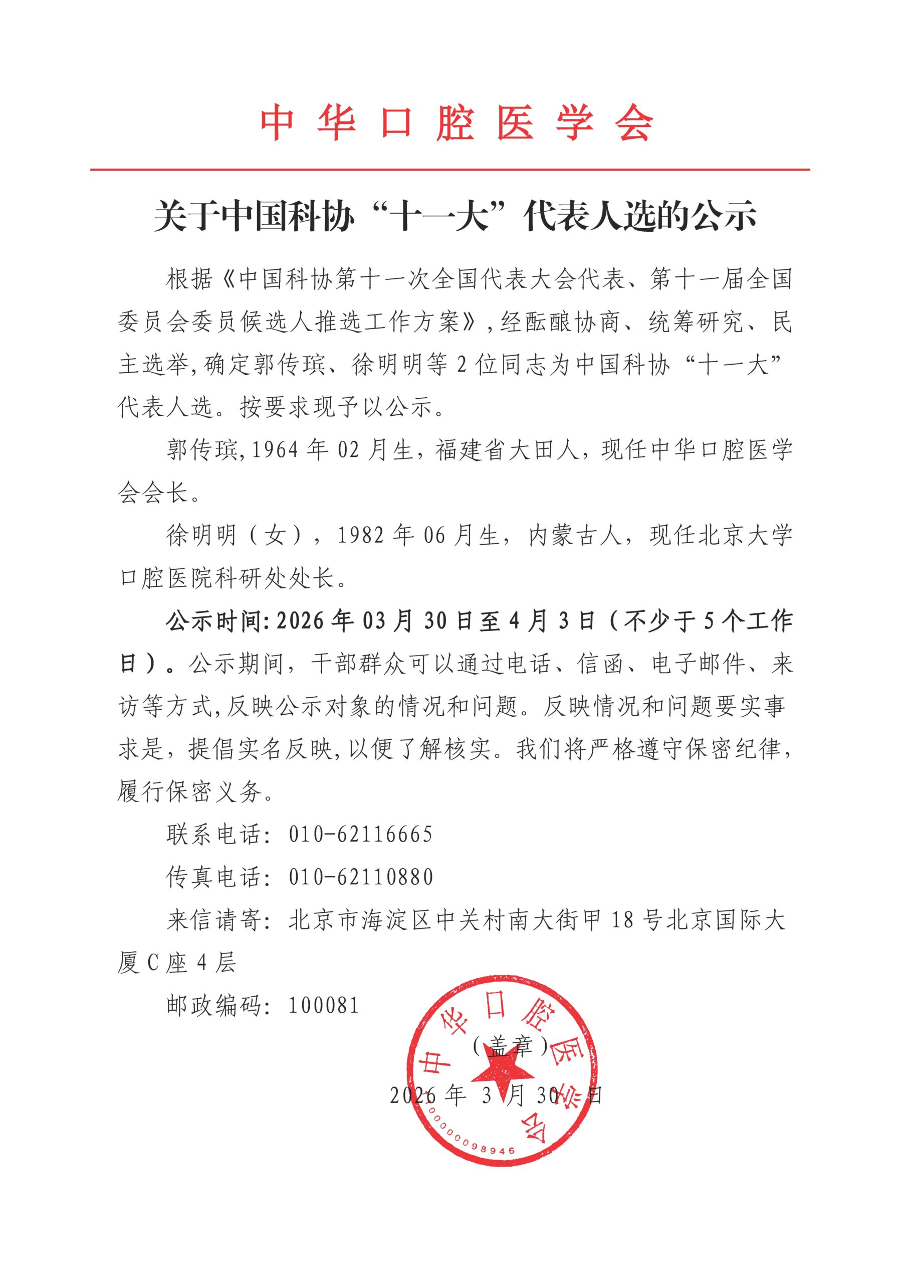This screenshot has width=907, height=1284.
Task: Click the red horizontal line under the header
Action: click(x=450, y=169)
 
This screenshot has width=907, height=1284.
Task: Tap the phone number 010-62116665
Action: click(x=360, y=835)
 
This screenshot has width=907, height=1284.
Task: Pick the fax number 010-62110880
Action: click(x=360, y=877)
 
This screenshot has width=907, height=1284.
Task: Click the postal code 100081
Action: click(x=324, y=1005)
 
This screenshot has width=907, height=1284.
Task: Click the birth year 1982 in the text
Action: click(x=360, y=536)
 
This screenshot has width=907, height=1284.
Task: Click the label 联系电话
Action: click(x=214, y=835)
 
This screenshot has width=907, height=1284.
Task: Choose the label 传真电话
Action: click(x=214, y=877)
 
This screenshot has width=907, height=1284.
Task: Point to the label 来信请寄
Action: click(x=214, y=920)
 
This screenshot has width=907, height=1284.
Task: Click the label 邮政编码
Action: click(x=214, y=1005)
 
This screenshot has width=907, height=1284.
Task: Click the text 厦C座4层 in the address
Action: click(x=176, y=962)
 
